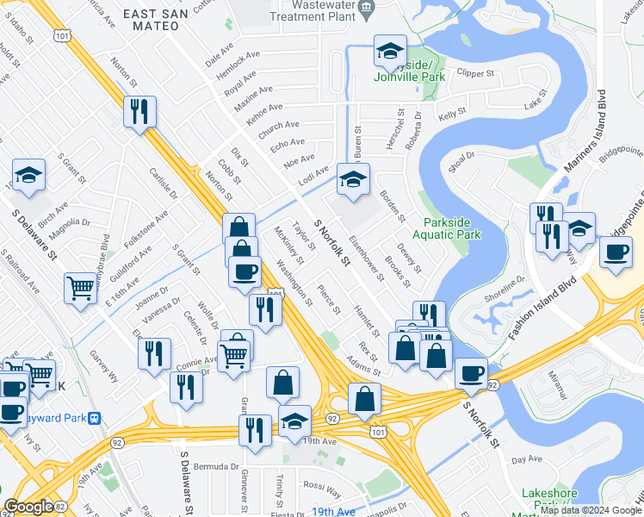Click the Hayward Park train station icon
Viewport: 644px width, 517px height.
[x=94, y=418]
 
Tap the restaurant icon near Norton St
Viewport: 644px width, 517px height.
[x=139, y=111]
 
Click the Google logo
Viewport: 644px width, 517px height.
[x=29, y=507]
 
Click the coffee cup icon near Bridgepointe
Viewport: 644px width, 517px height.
[x=615, y=252]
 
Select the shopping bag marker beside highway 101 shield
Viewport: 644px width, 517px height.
[x=364, y=399]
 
